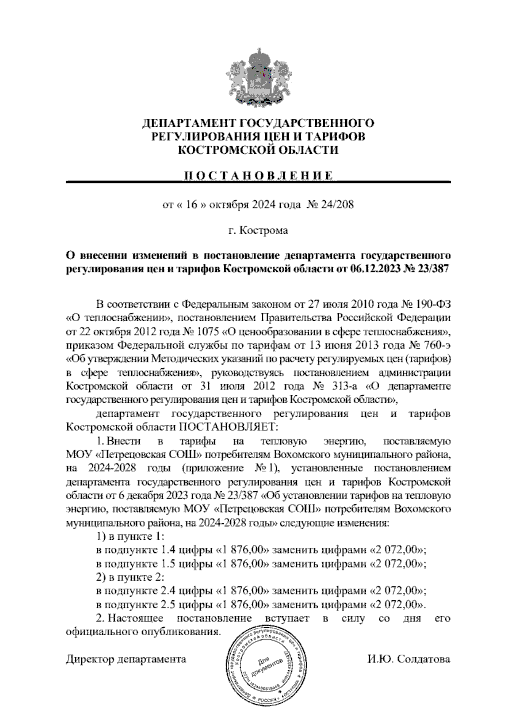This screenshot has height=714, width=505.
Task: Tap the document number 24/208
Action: tap(337, 205)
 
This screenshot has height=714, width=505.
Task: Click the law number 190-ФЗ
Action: tap(435, 304)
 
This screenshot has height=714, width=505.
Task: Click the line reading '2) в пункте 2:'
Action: tap(130, 578)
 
